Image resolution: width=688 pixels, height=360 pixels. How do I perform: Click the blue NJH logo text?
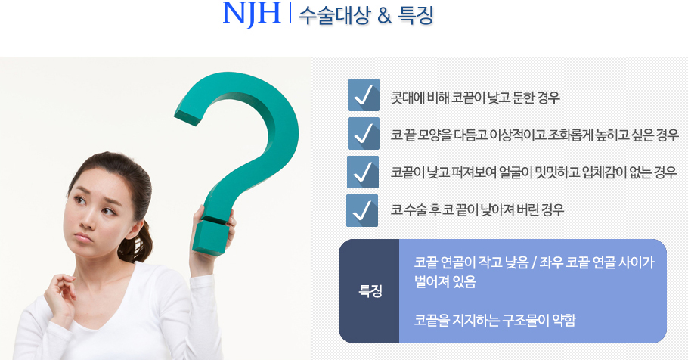click(252, 14)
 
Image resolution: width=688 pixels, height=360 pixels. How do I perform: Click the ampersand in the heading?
click(384, 16)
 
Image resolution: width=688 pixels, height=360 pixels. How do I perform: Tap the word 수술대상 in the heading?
click(335, 15)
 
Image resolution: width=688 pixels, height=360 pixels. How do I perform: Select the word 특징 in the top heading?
click(416, 15)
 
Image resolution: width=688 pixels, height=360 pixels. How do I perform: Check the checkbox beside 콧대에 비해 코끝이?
click(364, 95)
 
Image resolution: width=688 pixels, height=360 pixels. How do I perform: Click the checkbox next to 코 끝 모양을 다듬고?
click(364, 133)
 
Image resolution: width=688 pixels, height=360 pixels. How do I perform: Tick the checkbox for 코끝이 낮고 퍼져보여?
click(363, 172)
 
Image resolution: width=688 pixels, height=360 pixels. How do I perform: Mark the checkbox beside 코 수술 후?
click(362, 211)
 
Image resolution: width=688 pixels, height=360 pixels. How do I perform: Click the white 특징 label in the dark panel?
click(370, 291)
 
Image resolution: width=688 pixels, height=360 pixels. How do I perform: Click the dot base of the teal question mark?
click(211, 237)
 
